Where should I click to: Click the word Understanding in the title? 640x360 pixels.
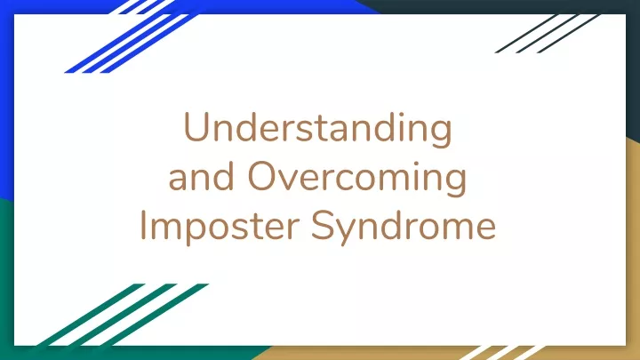point(318,128)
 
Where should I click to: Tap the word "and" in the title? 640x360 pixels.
point(202,176)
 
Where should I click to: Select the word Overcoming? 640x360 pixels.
point(357,178)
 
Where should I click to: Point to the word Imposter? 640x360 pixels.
point(220,227)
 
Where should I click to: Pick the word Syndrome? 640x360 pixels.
point(404,227)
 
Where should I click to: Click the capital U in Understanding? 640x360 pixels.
point(196,127)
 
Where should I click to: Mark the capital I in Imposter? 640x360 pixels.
point(143,225)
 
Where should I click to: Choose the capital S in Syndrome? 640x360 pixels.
point(324,225)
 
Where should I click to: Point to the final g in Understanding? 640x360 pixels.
point(441,132)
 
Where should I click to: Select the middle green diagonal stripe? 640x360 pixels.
point(123,315)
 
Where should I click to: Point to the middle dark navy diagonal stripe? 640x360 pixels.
point(548,34)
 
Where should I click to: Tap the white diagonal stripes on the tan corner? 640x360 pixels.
point(502,353)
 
